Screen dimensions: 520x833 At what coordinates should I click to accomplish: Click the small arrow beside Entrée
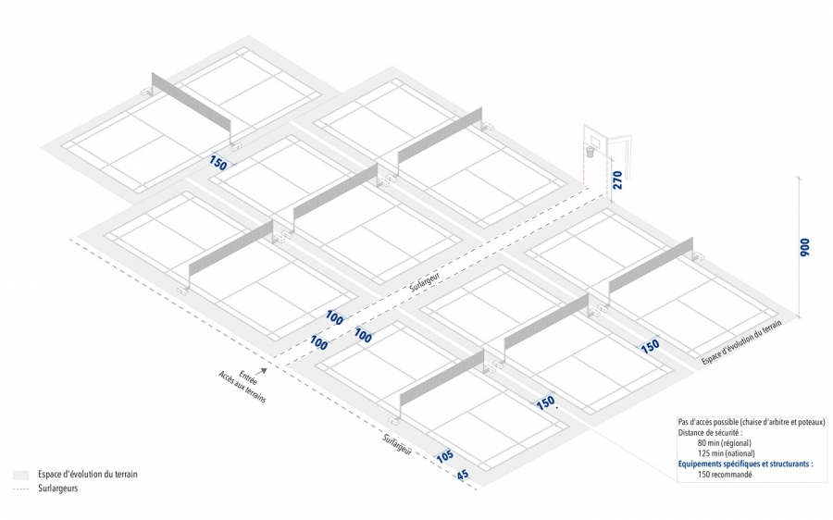tap(273, 369)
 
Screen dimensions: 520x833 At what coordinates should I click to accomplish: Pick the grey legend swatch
tap(21, 475)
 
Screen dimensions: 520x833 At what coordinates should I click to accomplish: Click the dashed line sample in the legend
tap(21, 488)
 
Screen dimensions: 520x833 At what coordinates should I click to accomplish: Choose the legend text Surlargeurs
tap(58, 488)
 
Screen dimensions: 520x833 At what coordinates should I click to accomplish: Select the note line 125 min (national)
tap(727, 453)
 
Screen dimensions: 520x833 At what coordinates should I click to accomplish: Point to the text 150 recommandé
tap(725, 475)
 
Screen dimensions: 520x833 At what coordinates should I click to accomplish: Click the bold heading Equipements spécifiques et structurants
tap(745, 464)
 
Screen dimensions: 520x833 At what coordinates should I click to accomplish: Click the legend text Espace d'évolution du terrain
tap(88, 475)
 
